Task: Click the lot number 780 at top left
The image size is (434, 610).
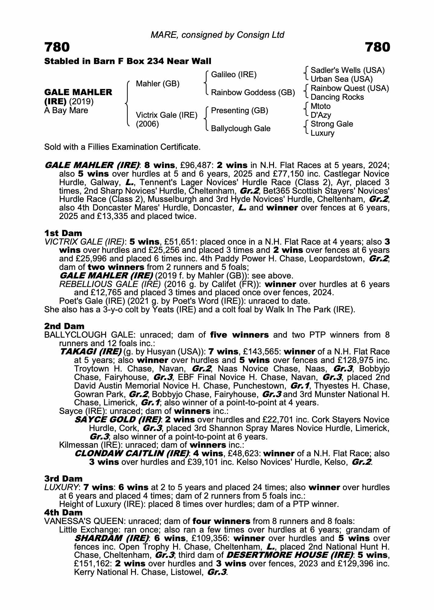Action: (57, 47)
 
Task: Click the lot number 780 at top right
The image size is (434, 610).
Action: (377, 47)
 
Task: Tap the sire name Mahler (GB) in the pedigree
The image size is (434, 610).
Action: (158, 84)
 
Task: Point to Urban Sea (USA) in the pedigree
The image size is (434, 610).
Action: (342, 79)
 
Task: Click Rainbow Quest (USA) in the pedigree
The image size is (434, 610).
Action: (350, 88)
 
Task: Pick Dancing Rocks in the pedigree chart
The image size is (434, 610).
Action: (337, 97)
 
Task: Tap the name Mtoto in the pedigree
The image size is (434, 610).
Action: (320, 106)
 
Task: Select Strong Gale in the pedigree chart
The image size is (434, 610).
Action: (332, 124)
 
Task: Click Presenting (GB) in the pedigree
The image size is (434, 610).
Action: (240, 110)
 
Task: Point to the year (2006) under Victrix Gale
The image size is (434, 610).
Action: (147, 124)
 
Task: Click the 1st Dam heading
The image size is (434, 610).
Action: (63, 233)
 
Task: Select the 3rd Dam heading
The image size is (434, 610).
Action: (63, 479)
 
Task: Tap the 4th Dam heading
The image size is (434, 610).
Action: (63, 512)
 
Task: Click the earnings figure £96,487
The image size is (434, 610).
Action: (195, 165)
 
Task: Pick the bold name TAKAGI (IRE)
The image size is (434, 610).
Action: (91, 352)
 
